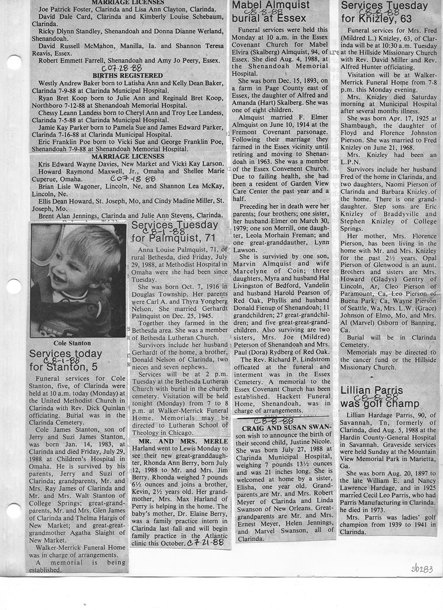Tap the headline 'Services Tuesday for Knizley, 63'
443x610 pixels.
pos(384,12)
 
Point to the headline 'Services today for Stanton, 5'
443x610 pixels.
pos(66,360)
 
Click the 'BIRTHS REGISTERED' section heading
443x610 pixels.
pos(128,76)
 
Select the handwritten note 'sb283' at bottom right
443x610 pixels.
pos(422,568)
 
